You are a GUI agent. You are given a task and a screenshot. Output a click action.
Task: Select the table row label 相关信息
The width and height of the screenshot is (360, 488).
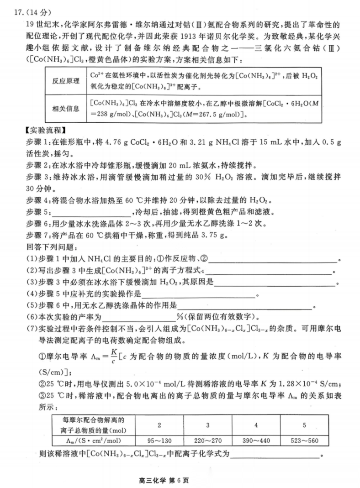66,109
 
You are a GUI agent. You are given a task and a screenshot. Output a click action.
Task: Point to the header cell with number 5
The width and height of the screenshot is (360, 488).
304,425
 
